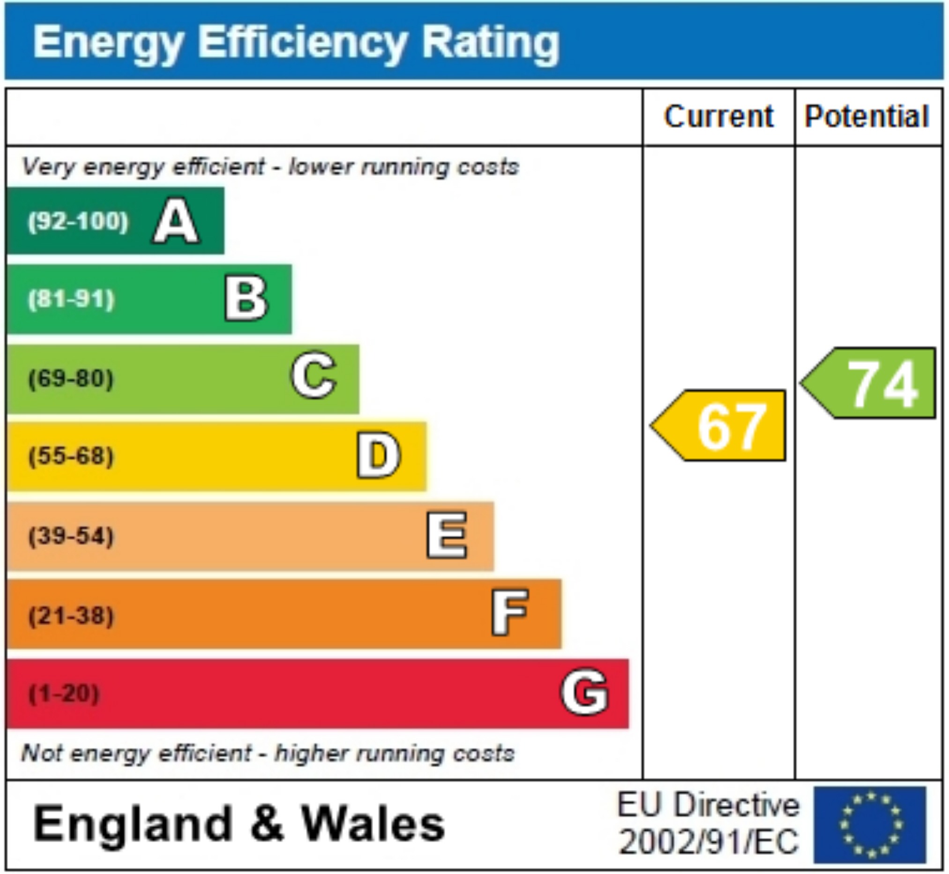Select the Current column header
point(719,116)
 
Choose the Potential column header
point(867,116)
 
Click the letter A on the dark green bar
point(176,221)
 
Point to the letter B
point(246,299)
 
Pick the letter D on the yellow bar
point(378,456)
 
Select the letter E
point(446,535)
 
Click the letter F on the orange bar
point(510,613)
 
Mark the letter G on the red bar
point(584,692)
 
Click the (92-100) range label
point(78,221)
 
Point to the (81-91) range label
point(71,299)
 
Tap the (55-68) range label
point(71,456)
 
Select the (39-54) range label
point(71,536)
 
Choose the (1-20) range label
point(64,694)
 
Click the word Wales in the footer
point(374,824)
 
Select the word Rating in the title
point(490,43)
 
